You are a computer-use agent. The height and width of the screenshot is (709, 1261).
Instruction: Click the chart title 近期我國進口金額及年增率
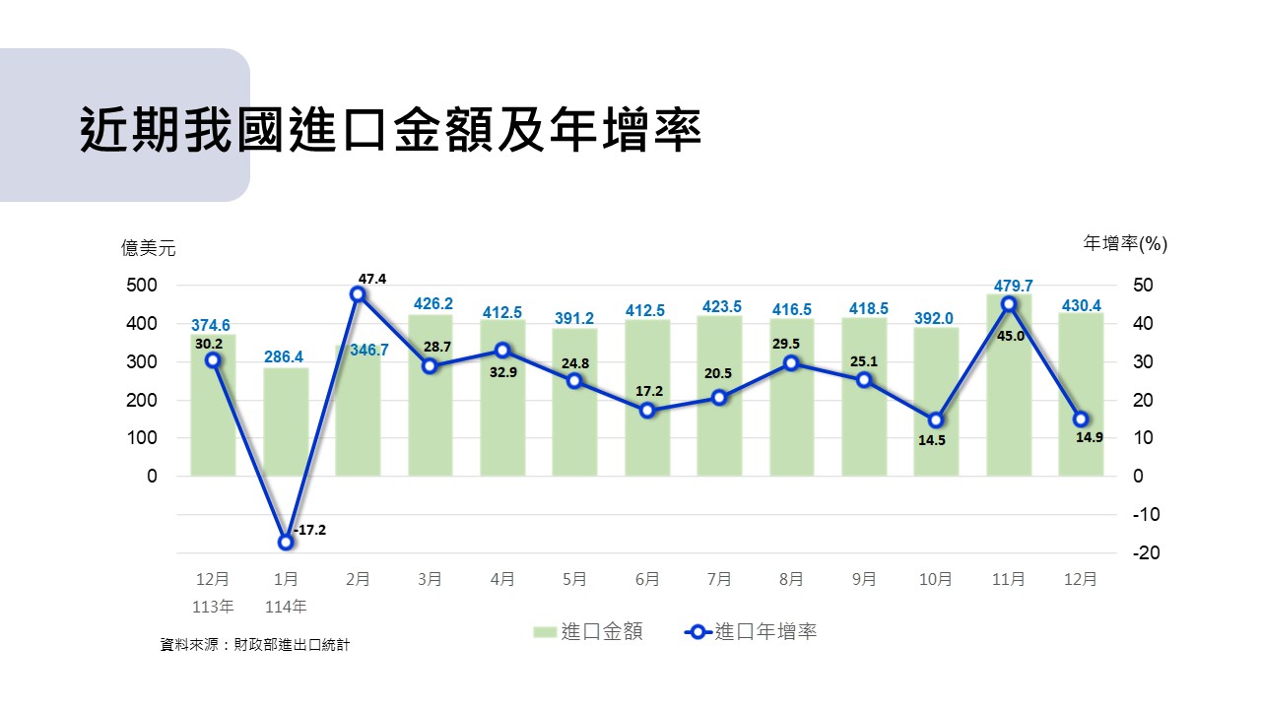point(390,129)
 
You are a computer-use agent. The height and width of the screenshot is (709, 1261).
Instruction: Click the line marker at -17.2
point(286,542)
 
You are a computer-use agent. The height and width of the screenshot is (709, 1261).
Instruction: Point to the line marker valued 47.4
point(358,294)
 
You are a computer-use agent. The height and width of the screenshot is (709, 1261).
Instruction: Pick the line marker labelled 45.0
point(1009,304)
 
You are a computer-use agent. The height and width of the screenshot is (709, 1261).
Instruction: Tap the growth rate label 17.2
point(649,391)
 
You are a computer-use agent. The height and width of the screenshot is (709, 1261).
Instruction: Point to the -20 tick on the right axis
point(1146,553)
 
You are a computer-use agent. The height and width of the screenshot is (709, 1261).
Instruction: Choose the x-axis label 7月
point(719,580)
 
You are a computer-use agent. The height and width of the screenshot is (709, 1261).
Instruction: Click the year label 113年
point(213,606)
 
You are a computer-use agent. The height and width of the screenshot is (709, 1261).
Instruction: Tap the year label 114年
point(286,606)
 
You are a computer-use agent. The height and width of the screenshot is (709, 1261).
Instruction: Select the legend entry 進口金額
point(588,632)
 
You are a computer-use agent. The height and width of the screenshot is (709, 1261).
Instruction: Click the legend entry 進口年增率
point(752,632)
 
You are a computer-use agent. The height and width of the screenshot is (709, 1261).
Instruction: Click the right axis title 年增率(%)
point(1125,243)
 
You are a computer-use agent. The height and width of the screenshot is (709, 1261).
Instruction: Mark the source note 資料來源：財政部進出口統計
point(255,646)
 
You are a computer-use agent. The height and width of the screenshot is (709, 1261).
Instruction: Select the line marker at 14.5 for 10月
point(936,420)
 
